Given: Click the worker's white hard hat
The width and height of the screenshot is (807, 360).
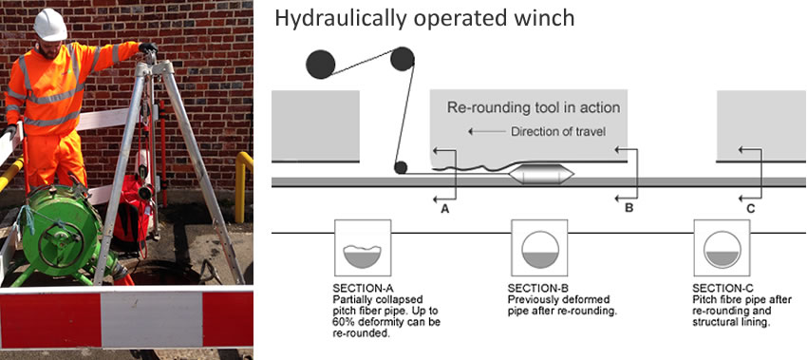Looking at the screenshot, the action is pyautogui.click(x=50, y=24).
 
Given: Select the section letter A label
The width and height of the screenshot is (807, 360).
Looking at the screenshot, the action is pyautogui.click(x=445, y=209).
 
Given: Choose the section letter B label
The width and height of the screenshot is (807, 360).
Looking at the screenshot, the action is pyautogui.click(x=629, y=209).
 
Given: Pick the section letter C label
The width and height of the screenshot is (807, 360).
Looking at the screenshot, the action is pyautogui.click(x=751, y=209).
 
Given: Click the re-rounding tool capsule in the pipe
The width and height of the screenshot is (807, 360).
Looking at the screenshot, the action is pyautogui.click(x=541, y=174).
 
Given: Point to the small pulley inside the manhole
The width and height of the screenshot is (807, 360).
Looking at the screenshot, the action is pyautogui.click(x=401, y=167).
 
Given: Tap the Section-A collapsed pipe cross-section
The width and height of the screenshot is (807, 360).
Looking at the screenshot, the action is pyautogui.click(x=363, y=256).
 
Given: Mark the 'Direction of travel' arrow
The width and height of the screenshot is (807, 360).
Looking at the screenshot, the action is pyautogui.click(x=487, y=132).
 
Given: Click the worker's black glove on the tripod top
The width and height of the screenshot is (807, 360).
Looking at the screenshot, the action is pyautogui.click(x=148, y=47).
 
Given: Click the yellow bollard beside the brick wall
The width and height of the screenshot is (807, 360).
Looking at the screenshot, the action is pyautogui.click(x=242, y=185).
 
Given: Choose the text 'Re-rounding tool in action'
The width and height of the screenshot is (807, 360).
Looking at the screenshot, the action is pyautogui.click(x=534, y=108).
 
